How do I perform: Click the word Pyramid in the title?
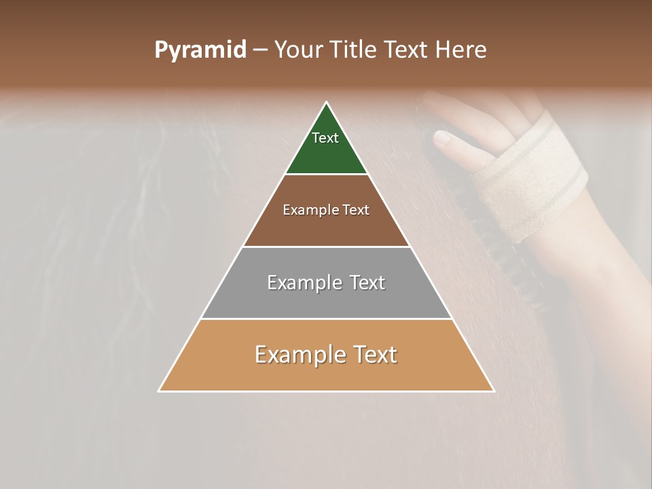pyautogui.click(x=200, y=50)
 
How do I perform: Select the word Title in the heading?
pyautogui.click(x=353, y=50)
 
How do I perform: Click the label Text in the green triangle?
pyautogui.click(x=325, y=138)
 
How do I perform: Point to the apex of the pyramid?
pyautogui.click(x=327, y=103)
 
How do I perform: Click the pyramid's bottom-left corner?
pyautogui.click(x=159, y=391)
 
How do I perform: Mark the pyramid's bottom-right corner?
pyautogui.click(x=494, y=391)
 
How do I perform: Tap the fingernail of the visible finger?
pyautogui.click(x=441, y=139)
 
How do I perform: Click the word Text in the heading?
pyautogui.click(x=405, y=50)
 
